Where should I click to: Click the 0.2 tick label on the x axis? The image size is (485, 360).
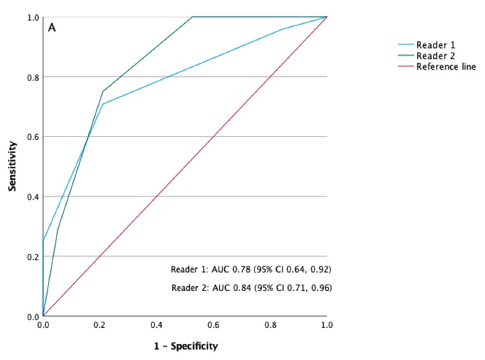pos(99,324)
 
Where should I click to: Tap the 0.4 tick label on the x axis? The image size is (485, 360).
pos(156,324)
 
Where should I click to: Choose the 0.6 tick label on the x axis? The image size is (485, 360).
pos(213,324)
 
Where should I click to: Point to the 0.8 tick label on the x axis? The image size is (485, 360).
pos(270,324)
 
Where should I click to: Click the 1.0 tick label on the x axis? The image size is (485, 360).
pos(326,324)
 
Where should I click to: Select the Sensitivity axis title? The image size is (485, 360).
pos(12,166)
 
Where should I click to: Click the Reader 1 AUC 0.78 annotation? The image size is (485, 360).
pos(251,270)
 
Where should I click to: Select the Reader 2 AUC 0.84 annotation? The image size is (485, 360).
pos(251,288)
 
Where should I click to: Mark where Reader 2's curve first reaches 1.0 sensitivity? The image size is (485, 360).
pos(193,17)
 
